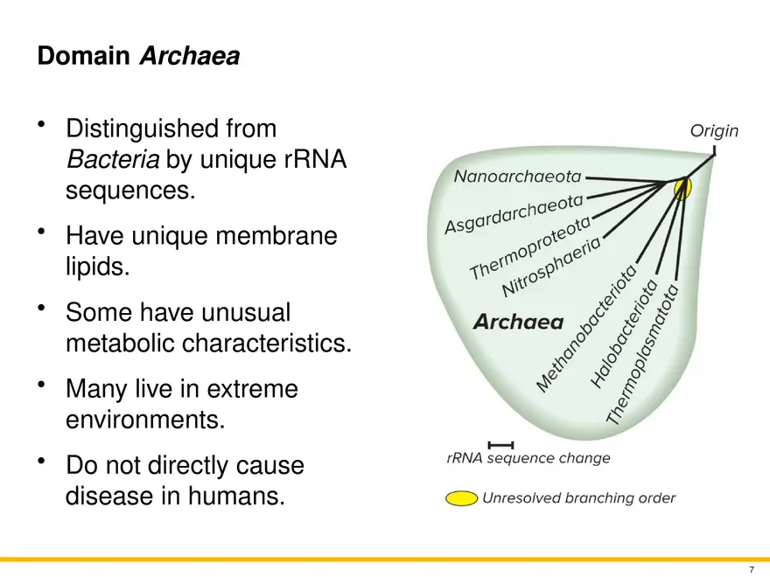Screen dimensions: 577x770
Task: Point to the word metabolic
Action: pos(120,344)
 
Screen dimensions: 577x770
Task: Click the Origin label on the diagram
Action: pos(714,131)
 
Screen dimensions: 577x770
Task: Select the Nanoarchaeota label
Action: pos(517,177)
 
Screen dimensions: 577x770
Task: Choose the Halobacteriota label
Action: pos(624,334)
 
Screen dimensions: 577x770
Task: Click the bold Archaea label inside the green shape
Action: pos(518,322)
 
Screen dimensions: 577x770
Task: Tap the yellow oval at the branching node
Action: pos(683,187)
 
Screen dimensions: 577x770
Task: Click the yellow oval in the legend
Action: pos(461,499)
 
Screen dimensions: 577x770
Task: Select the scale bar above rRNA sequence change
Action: pos(500,446)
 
